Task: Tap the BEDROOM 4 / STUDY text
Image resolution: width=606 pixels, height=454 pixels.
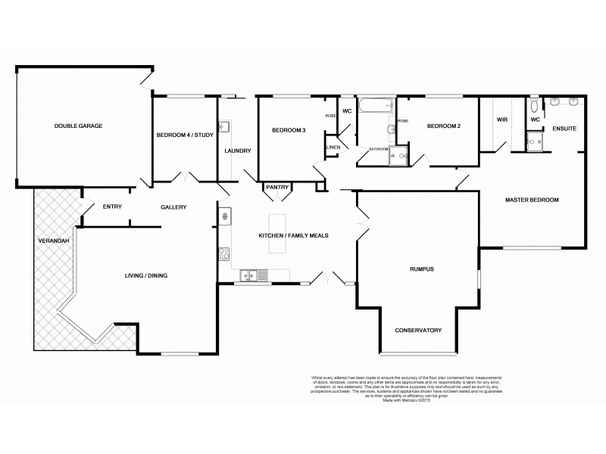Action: pyautogui.click(x=184, y=135)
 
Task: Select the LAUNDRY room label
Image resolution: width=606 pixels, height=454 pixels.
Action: pyautogui.click(x=238, y=151)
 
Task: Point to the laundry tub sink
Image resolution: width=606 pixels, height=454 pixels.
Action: pyautogui.click(x=224, y=128)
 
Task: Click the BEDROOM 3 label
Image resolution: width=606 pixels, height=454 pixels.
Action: pyautogui.click(x=289, y=130)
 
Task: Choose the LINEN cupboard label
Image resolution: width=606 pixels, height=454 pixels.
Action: pyautogui.click(x=333, y=147)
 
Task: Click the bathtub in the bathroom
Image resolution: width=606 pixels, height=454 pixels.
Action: pyautogui.click(x=375, y=107)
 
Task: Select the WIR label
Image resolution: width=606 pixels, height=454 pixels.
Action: pyautogui.click(x=501, y=120)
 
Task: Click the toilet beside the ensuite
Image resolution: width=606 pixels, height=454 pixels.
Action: pyautogui.click(x=535, y=104)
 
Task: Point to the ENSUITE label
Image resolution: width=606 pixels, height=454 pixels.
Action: pyautogui.click(x=564, y=129)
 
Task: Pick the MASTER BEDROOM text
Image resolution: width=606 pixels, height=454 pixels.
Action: pyautogui.click(x=532, y=200)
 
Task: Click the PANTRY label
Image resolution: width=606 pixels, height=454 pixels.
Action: pyautogui.click(x=276, y=187)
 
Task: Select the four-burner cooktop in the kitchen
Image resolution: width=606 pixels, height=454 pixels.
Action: pyautogui.click(x=224, y=254)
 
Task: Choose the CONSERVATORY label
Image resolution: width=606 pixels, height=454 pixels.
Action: pyautogui.click(x=417, y=331)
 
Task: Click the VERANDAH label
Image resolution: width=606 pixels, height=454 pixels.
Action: pyautogui.click(x=54, y=241)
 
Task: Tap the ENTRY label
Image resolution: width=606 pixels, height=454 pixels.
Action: pyautogui.click(x=112, y=207)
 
